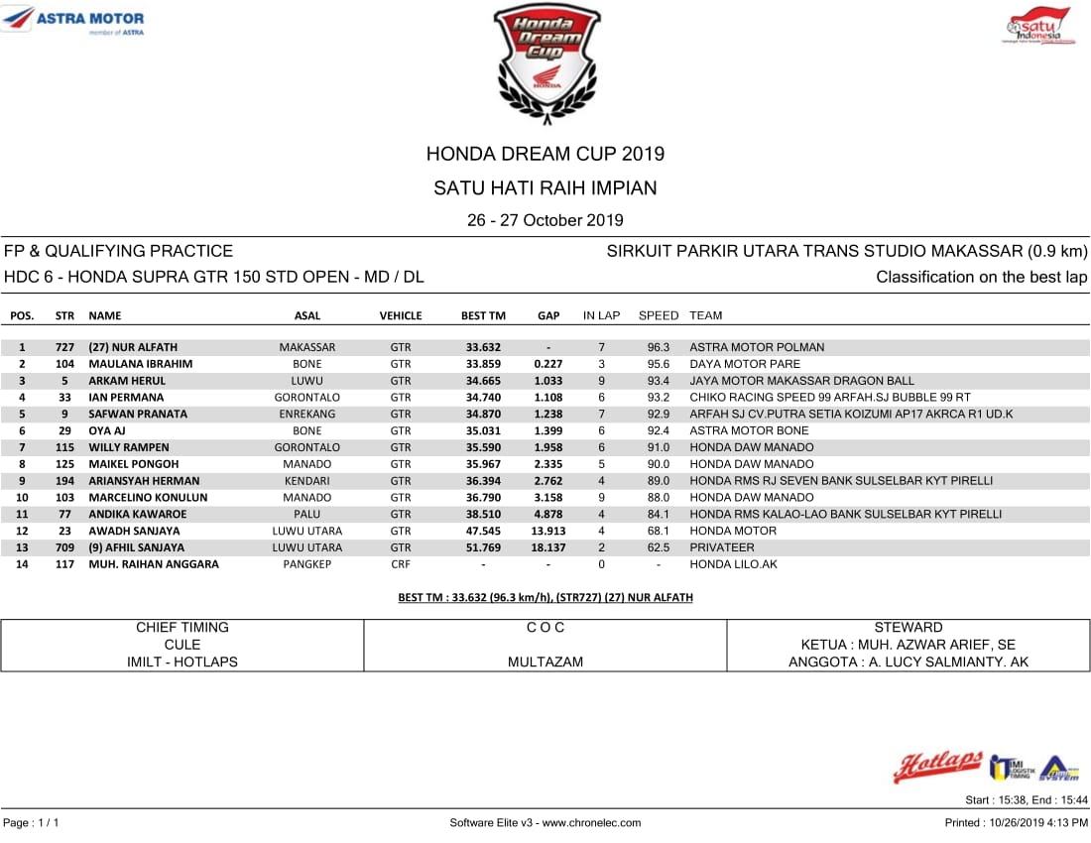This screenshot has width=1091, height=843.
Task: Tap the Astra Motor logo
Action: [x=74, y=21]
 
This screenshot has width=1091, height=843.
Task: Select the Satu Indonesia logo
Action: [x=1038, y=26]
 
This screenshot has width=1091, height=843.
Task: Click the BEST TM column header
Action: [x=483, y=315]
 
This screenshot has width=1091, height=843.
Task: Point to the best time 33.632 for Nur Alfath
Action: [x=483, y=347]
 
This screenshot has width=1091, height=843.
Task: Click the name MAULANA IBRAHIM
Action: [x=141, y=364]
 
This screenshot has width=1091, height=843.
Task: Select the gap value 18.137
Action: [x=548, y=547]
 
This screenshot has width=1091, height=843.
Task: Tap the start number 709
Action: [x=64, y=547]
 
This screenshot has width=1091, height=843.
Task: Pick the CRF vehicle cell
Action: [x=401, y=564]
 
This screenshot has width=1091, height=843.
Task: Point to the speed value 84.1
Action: [x=659, y=514]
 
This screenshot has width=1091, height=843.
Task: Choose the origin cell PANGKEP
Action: [x=307, y=564]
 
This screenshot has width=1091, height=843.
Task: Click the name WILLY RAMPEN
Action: [x=129, y=447]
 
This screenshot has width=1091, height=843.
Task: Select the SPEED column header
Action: [x=659, y=315]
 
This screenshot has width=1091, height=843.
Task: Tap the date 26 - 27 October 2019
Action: [x=545, y=220]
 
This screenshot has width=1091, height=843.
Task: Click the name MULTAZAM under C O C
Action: [x=545, y=662]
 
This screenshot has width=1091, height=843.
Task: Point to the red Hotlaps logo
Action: [x=937, y=766]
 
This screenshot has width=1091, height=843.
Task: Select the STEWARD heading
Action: [x=909, y=627]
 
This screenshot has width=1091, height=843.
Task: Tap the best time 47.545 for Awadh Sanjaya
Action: [x=483, y=531]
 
